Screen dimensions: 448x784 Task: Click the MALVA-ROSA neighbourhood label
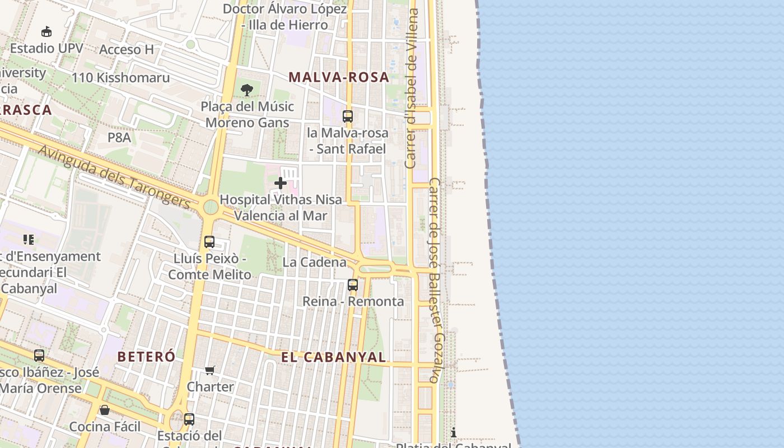[339, 77]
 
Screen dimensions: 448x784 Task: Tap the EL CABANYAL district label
[333, 357]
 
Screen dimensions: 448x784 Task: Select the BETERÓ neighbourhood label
[146, 356]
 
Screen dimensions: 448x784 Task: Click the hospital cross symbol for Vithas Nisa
[281, 183]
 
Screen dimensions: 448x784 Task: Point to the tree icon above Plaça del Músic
[246, 90]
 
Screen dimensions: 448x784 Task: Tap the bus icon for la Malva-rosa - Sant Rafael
[348, 116]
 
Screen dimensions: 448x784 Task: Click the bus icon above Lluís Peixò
[209, 242]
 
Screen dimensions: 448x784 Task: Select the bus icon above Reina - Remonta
[353, 285]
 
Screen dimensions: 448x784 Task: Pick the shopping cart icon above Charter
[210, 370]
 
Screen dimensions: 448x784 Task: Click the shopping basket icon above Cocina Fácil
[105, 410]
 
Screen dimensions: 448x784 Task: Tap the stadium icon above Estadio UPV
[46, 32]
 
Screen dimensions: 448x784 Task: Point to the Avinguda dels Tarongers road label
[114, 176]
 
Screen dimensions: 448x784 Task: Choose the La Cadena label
[314, 262]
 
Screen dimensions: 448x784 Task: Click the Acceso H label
[126, 49]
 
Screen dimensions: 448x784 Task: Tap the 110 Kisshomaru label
[120, 77]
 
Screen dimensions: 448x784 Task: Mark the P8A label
[119, 137]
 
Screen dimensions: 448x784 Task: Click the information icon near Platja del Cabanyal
[454, 432]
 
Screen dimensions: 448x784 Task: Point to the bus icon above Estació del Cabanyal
[189, 419]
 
